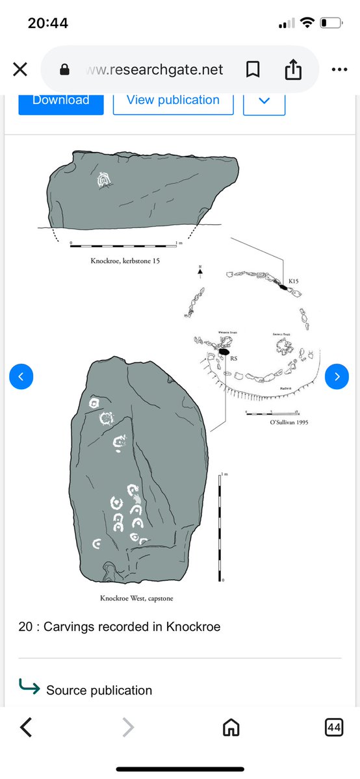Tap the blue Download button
point(60,101)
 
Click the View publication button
point(173,101)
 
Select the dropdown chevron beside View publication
point(264,101)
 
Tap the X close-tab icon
point(20,70)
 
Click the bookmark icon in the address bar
point(252,69)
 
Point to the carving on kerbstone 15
point(102,181)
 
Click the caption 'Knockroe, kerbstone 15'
point(125,260)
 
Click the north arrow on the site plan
point(201,272)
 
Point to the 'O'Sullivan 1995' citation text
point(289,422)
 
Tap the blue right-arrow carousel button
point(337,376)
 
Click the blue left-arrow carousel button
point(21,376)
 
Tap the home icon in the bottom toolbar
point(231,728)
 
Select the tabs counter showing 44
point(333,728)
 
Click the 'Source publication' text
point(99,690)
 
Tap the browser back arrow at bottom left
point(25,728)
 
